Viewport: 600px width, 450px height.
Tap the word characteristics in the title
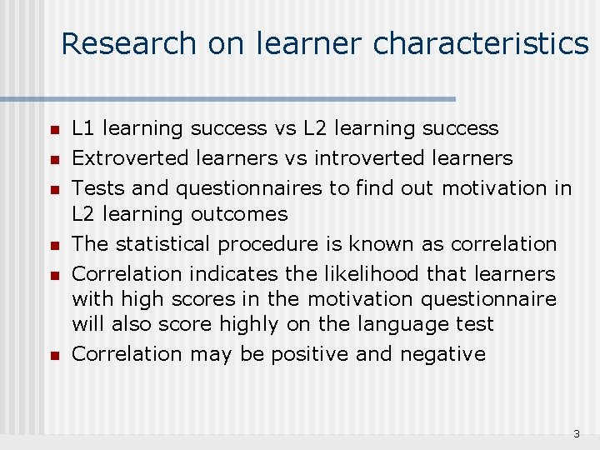pos(481,43)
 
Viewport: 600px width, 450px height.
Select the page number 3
pos(576,434)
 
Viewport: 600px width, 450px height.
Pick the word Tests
pos(94,187)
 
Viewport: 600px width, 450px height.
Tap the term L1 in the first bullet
pos(83,128)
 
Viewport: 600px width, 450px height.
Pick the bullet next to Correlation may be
pos(52,355)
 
